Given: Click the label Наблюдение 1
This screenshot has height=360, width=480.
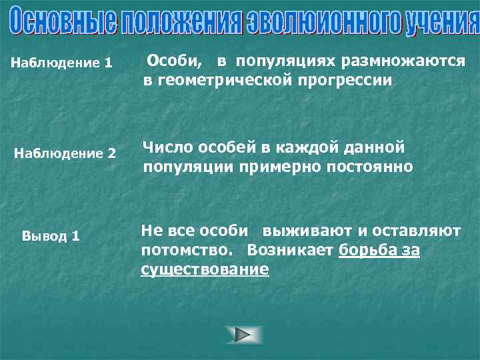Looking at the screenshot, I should [63, 65].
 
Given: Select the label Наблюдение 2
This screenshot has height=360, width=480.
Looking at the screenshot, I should [65, 154].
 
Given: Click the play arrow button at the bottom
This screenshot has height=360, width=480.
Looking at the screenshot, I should [244, 335].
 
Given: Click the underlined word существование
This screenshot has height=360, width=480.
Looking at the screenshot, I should [205, 269].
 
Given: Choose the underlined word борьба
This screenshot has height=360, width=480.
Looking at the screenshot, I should [367, 250].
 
